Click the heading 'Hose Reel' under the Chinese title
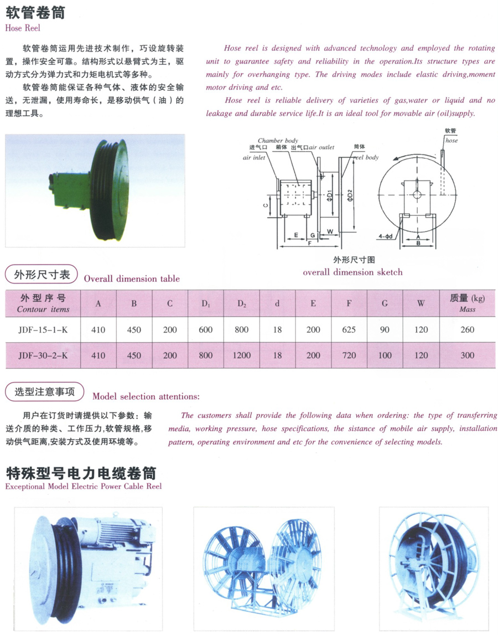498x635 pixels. point(23,28)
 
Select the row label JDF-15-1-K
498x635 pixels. point(43,329)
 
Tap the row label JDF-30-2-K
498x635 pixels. point(43,355)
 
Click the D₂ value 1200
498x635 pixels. point(242,355)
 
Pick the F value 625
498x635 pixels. point(349,329)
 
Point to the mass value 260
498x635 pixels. point(467,329)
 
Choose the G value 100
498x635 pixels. point(385,355)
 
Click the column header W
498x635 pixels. point(421,303)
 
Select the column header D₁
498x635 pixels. point(206,304)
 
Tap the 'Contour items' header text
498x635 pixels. point(43,309)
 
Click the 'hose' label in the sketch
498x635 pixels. point(452,141)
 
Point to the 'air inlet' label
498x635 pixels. point(254,158)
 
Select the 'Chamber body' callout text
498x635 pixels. point(278,141)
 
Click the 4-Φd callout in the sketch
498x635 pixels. point(386,236)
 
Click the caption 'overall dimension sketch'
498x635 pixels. point(352,272)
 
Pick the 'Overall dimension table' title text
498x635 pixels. point(132,278)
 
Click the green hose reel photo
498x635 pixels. point(95,190)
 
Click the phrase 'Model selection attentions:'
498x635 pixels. point(146,396)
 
